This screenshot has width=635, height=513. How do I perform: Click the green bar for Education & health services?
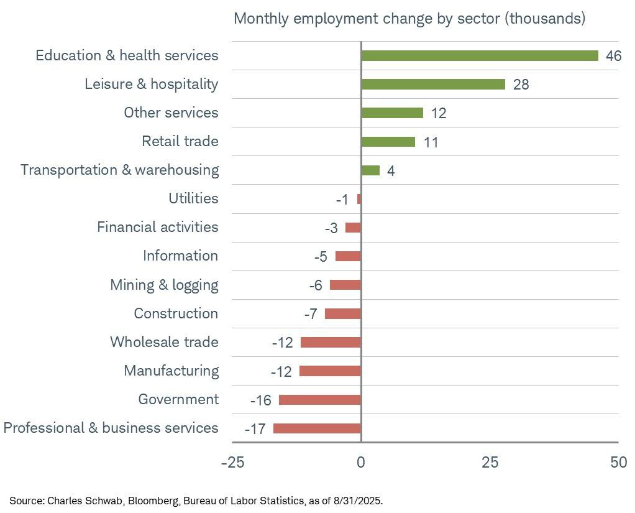pyautogui.click(x=479, y=56)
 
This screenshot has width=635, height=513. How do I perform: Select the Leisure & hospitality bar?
pyautogui.click(x=433, y=85)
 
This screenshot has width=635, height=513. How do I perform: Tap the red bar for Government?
pyautogui.click(x=320, y=400)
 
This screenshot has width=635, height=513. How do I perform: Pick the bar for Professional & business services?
pyautogui.click(x=317, y=428)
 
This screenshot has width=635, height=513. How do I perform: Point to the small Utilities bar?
pyautogui.click(x=359, y=199)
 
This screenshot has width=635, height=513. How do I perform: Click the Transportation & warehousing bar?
pyautogui.click(x=370, y=170)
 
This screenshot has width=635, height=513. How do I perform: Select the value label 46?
pyautogui.click(x=613, y=56)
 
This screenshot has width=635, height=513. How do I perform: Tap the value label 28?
pyautogui.click(x=521, y=85)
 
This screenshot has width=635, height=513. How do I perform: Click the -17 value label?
pyautogui.click(x=255, y=429)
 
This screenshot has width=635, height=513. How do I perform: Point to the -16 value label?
pyautogui.click(x=261, y=400)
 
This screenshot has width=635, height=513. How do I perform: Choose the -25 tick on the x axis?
pyautogui.click(x=232, y=463)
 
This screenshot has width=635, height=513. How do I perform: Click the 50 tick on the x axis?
pyautogui.click(x=618, y=463)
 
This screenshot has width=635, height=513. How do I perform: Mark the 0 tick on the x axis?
pyautogui.click(x=361, y=463)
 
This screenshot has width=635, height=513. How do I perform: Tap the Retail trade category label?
pyautogui.click(x=180, y=141)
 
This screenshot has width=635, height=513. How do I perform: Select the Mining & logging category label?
pyautogui.click(x=164, y=285)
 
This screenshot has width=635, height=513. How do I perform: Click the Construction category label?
pyautogui.click(x=176, y=313)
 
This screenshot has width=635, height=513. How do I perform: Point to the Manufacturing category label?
pyautogui.click(x=171, y=371)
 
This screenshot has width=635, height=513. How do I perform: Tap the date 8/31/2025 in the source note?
pyautogui.click(x=359, y=501)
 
